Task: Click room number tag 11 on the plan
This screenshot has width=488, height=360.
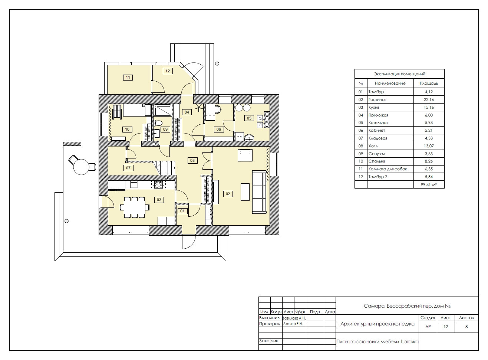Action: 128,78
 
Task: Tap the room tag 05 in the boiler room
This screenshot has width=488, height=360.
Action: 249,118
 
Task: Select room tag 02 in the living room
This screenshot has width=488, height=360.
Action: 228,194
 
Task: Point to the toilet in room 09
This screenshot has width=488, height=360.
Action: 158,123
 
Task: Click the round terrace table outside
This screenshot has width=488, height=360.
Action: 81,167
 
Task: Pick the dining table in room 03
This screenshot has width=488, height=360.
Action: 135,207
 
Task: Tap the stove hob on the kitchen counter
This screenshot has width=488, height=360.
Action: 158,184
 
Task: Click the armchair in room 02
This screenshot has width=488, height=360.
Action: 245,155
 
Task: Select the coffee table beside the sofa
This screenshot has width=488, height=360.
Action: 245,192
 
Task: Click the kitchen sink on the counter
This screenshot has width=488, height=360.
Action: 134,184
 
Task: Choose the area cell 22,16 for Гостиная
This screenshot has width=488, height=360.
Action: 429,99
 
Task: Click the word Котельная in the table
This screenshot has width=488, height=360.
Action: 378,123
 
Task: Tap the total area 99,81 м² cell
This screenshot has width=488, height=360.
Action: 429,184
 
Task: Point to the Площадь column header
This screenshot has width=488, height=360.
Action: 429,83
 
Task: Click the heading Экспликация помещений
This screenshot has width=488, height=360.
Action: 399,74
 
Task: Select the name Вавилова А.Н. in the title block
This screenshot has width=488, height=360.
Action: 294,318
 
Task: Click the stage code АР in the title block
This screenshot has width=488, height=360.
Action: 428,327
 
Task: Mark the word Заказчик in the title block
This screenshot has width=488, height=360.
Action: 268,341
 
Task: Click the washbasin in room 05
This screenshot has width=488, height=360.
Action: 249,138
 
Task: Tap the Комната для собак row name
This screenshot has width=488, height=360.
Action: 388,169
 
